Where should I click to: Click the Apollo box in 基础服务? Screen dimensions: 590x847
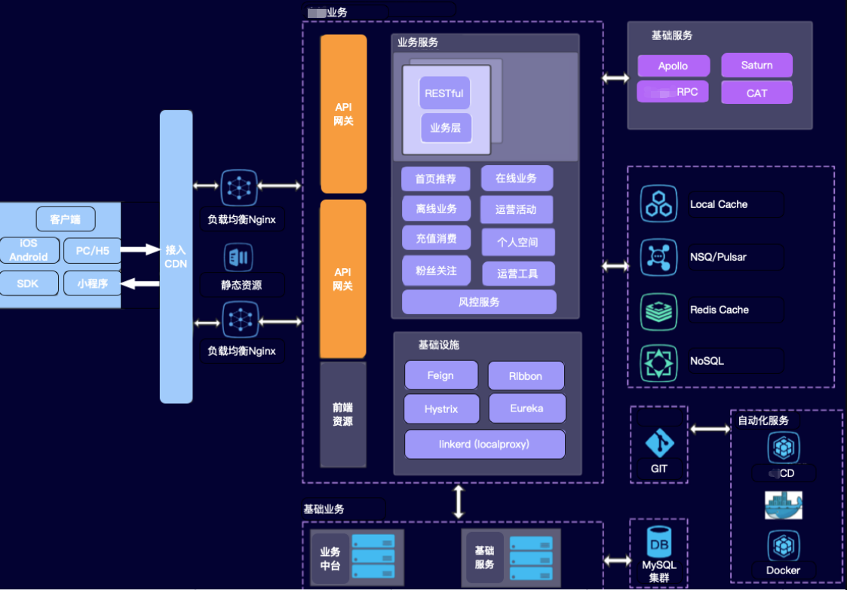(673, 66)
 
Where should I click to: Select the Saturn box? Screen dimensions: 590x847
(756, 66)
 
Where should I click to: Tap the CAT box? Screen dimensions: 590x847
(756, 93)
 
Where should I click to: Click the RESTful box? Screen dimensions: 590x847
(444, 93)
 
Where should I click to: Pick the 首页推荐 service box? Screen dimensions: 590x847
(435, 179)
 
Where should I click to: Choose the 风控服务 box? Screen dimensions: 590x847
(479, 302)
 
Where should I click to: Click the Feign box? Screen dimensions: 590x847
(440, 375)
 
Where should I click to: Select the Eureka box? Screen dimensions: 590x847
(526, 408)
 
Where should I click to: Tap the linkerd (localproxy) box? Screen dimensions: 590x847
(484, 445)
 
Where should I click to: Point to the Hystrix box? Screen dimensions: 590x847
(440, 409)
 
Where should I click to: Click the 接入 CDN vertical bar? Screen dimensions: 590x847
(176, 256)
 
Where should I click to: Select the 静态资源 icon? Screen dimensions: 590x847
(238, 258)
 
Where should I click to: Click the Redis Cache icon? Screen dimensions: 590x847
(658, 310)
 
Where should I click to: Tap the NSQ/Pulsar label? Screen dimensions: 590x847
(718, 257)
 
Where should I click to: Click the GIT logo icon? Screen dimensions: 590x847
(659, 444)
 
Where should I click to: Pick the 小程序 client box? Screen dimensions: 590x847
(92, 283)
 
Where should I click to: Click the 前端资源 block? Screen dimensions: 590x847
(343, 414)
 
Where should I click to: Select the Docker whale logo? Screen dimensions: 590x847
(783, 506)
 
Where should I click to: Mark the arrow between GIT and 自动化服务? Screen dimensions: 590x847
(710, 430)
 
